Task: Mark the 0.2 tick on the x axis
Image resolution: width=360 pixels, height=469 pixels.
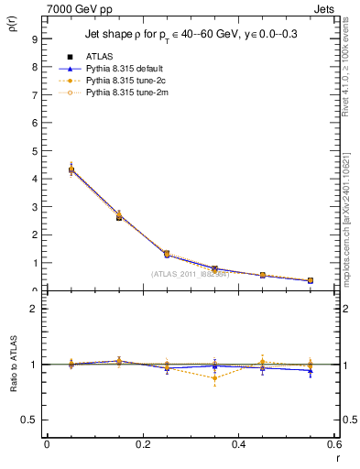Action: [x=143, y=444]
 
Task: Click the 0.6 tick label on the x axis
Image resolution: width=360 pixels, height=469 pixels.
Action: [x=334, y=444]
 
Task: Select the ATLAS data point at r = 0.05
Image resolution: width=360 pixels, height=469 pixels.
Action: [x=71, y=169]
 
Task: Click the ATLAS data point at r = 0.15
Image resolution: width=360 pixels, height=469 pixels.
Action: [x=119, y=217]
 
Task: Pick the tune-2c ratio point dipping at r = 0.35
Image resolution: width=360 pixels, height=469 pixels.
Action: [x=214, y=378]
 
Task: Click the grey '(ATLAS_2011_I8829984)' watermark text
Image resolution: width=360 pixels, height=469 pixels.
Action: [x=190, y=274]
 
